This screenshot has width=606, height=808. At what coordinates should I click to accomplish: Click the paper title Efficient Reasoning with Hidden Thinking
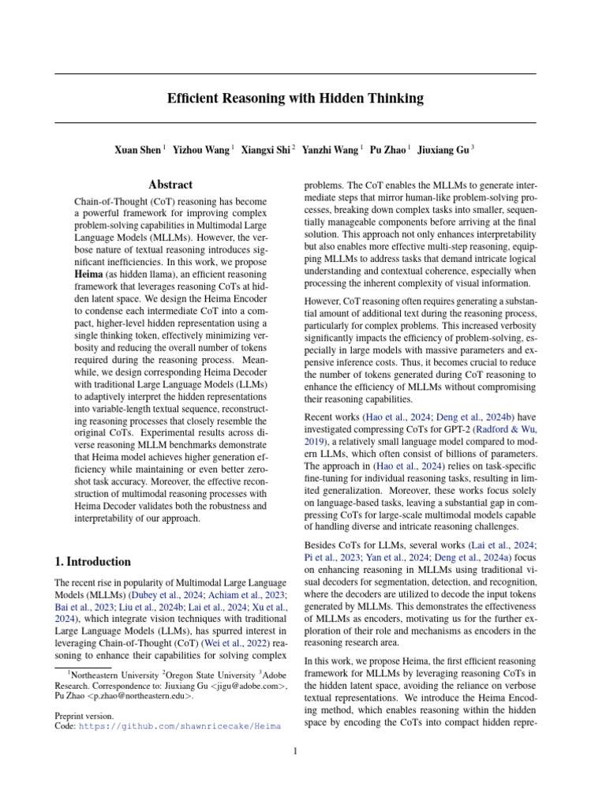click(x=295, y=99)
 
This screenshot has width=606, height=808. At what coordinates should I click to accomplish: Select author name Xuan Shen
click(x=139, y=148)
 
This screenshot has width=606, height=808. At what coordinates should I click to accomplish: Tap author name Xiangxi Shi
click(x=265, y=148)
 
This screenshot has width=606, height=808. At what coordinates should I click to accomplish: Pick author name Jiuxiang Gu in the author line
click(x=443, y=148)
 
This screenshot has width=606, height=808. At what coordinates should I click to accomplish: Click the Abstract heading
click(x=170, y=185)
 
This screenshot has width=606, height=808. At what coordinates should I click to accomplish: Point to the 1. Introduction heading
click(x=92, y=562)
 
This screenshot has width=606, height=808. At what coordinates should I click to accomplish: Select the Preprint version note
click(x=84, y=716)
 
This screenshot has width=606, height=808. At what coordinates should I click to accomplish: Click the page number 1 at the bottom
click(x=295, y=751)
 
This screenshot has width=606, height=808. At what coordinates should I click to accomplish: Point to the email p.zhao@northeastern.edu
click(x=136, y=697)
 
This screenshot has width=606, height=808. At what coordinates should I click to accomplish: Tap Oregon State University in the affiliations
click(x=212, y=674)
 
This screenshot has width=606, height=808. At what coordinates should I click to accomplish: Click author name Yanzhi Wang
click(x=334, y=148)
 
